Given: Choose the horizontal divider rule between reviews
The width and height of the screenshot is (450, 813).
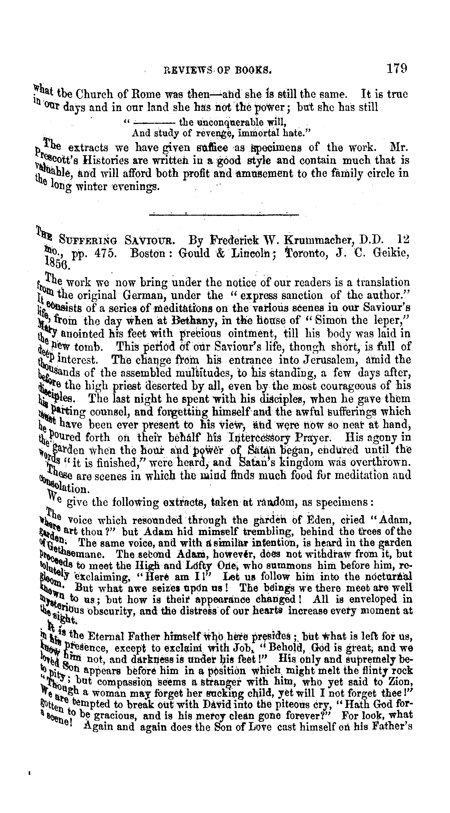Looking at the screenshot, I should pos(224,215).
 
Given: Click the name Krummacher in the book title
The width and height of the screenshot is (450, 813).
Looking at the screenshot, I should pos(320,240).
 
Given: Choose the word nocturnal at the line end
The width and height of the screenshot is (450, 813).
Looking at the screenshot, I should pos(388,577).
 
